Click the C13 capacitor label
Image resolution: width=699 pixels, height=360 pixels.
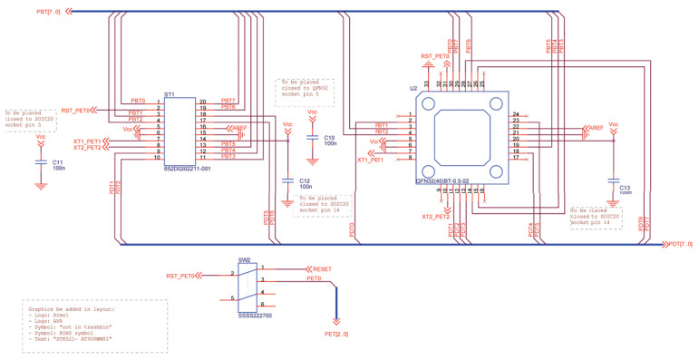(625, 189)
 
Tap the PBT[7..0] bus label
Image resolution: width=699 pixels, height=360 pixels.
(50, 12)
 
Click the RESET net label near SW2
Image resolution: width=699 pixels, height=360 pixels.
(323, 269)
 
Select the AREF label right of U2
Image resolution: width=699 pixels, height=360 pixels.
(596, 128)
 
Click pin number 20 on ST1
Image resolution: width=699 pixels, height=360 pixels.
(204, 102)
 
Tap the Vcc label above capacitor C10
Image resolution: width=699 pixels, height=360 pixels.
(313, 112)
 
